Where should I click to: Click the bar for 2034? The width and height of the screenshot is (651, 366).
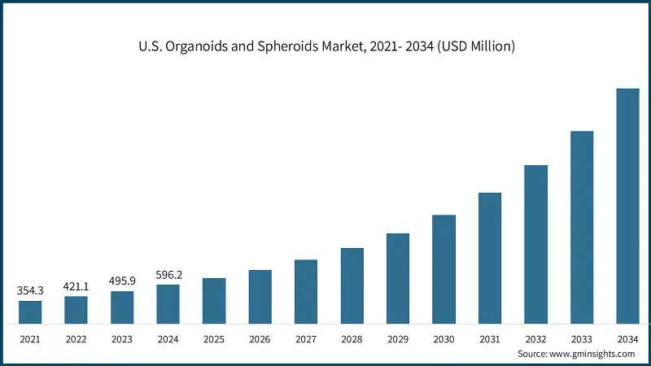click(627, 206)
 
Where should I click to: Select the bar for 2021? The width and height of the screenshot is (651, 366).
click(30, 312)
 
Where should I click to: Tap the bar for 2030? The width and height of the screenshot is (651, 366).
click(443, 269)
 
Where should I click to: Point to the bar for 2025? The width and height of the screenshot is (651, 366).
click(214, 301)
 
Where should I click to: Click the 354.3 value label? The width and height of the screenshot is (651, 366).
click(30, 290)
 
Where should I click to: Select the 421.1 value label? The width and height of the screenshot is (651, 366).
click(76, 285)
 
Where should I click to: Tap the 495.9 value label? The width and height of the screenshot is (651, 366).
click(122, 281)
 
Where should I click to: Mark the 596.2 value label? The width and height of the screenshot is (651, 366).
click(168, 274)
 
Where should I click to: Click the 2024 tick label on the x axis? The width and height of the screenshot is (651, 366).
click(168, 338)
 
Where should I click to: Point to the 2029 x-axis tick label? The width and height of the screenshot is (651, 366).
click(398, 338)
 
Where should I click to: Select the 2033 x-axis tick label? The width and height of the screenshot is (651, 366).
click(582, 338)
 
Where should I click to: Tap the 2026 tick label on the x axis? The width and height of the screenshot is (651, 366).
click(260, 338)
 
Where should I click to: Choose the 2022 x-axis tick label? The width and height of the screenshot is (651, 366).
click(76, 338)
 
